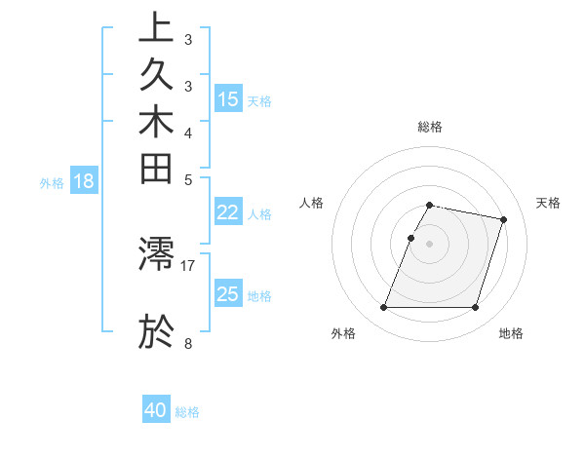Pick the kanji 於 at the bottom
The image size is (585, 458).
pyautogui.click(x=156, y=331)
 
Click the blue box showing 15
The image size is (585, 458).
pyautogui.click(x=228, y=98)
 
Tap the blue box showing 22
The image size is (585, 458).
pyautogui.click(x=228, y=213)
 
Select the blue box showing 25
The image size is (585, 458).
pyautogui.click(x=228, y=294)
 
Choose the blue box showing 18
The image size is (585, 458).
pyautogui.click(x=84, y=180)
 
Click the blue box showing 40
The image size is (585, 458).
pyautogui.click(x=156, y=410)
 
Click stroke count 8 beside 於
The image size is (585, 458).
pyautogui.click(x=187, y=342)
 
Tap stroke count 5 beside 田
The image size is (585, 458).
pyautogui.click(x=187, y=179)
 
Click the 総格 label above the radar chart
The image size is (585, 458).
pyautogui.click(x=429, y=127)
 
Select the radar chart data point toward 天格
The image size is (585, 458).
pyautogui.click(x=503, y=220)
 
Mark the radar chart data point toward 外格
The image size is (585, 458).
pyautogui.click(x=383, y=308)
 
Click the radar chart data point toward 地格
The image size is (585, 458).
pyautogui.click(x=475, y=308)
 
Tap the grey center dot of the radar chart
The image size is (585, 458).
pyautogui.click(x=429, y=244)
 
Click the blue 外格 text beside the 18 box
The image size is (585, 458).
pyautogui.click(x=52, y=182)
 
